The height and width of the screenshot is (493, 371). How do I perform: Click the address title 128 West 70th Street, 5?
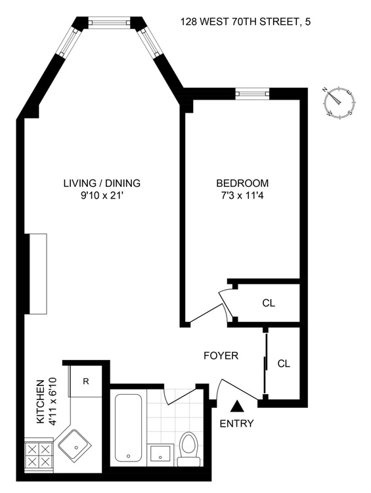[246, 22]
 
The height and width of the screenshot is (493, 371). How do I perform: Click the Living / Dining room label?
[102, 183]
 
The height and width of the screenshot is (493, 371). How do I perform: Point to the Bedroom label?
[242, 183]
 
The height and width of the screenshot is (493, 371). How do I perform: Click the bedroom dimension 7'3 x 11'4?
[242, 196]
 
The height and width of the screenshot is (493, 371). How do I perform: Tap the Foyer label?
[221, 355]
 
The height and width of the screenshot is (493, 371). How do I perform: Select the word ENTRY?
[236, 424]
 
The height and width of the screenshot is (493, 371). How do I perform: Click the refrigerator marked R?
[85, 381]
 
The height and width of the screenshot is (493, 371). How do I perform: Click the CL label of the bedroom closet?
[269, 303]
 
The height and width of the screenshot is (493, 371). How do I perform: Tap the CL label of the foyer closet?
[284, 363]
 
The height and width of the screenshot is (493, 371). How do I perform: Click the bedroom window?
[253, 93]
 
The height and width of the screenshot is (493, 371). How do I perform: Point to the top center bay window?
[108, 22]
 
